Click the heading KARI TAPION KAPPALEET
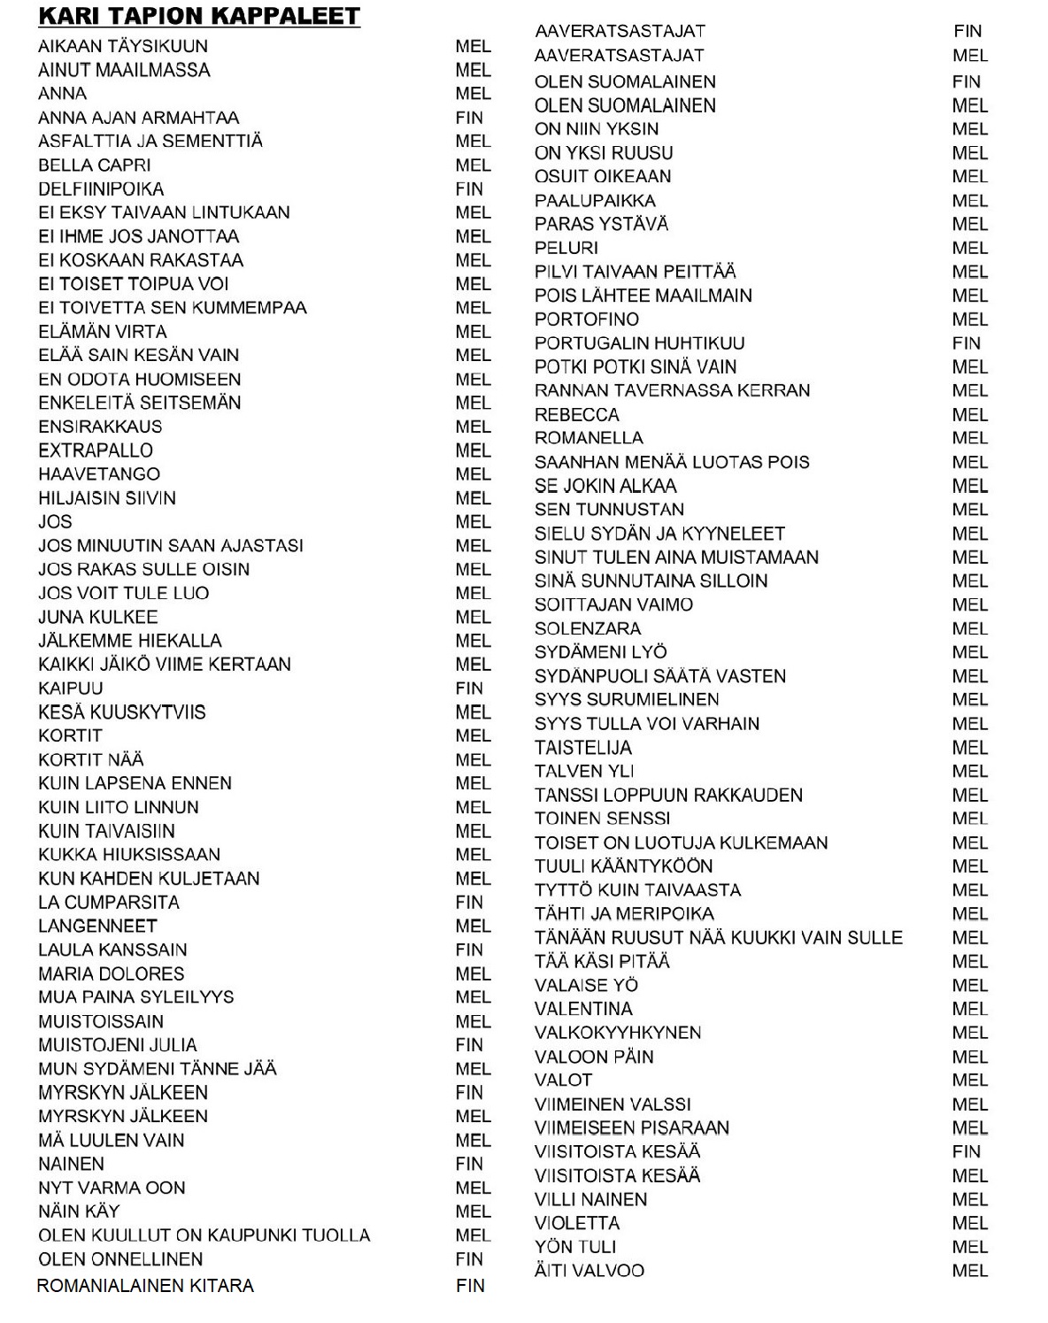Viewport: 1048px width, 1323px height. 199,17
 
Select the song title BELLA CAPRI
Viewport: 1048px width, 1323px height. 95,165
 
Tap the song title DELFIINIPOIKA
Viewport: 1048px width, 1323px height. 101,189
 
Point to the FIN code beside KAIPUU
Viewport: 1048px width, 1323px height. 469,688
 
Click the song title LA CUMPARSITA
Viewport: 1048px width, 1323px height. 109,903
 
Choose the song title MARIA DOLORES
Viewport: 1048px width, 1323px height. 112,974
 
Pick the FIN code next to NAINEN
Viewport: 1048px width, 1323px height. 469,1165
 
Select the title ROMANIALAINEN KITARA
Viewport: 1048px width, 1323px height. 145,1286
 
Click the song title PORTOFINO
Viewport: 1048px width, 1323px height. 587,319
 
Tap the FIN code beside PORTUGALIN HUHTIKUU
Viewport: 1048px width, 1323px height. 967,343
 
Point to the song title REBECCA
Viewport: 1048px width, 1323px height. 577,415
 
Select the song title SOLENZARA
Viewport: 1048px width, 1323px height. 588,629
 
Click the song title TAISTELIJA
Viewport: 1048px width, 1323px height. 583,748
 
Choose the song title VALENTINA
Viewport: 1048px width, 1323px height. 583,1009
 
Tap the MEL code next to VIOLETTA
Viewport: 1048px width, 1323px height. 970,1224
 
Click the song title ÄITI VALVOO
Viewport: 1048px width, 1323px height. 589,1271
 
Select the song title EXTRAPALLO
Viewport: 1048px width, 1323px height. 96,450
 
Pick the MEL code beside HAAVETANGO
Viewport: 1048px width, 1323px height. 473,474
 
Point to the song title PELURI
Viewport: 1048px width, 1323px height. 566,249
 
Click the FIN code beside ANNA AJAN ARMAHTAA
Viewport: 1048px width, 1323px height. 469,118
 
